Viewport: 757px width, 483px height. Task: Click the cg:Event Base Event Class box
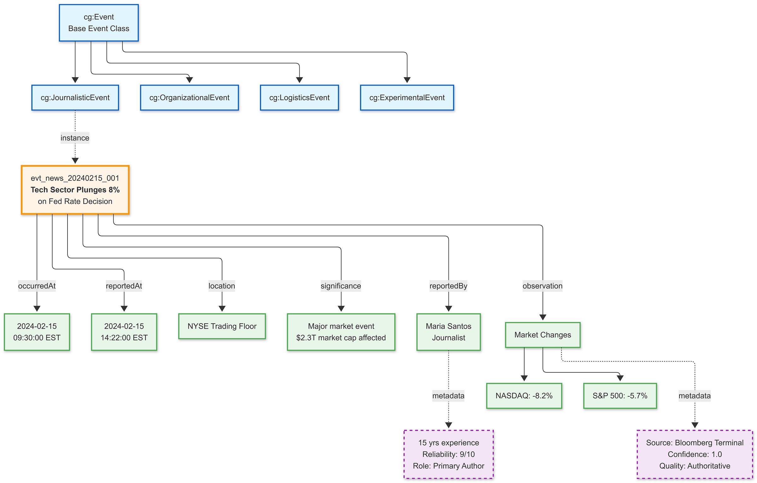point(99,23)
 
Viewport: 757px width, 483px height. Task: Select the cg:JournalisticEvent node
point(75,98)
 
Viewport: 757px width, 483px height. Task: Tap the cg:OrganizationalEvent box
point(189,98)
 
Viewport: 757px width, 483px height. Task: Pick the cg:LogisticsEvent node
point(299,98)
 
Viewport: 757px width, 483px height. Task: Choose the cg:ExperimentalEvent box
point(407,98)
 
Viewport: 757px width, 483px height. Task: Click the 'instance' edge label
point(75,138)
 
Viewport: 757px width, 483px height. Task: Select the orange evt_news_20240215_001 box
point(75,190)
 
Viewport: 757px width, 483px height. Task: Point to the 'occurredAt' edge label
point(37,286)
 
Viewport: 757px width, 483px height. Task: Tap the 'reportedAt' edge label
point(124,286)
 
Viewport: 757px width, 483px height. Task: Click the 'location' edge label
point(222,286)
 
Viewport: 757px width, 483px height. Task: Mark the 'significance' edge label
point(341,286)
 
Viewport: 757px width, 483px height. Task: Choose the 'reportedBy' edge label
point(448,286)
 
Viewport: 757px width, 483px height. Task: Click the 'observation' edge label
point(543,286)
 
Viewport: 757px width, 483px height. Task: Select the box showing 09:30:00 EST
point(37,332)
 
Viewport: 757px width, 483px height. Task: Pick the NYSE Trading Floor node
point(222,326)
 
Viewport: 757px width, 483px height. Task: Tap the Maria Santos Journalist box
point(449,332)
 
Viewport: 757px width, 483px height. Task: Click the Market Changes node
point(543,335)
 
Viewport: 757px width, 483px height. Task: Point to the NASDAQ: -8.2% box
point(524,396)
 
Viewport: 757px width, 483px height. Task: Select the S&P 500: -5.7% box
point(620,396)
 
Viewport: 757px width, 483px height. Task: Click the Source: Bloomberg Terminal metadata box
point(695,454)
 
